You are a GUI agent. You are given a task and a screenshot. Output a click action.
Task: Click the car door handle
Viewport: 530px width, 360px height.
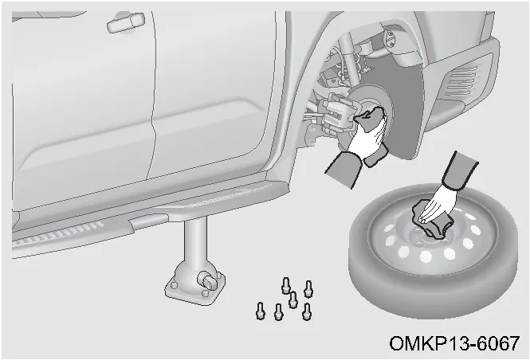tap(126, 22)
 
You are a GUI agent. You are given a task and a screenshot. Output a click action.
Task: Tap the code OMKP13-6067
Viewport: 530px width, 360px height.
tap(454, 343)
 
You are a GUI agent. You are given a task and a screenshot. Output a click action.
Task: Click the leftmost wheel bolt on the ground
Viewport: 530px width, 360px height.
tap(260, 311)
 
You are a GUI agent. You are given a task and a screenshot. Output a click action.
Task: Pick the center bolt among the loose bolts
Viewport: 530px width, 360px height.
tap(292, 299)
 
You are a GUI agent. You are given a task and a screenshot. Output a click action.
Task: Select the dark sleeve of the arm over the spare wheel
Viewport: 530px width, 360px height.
tap(461, 170)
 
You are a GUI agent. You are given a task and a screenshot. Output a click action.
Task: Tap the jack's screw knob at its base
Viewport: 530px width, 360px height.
tap(207, 280)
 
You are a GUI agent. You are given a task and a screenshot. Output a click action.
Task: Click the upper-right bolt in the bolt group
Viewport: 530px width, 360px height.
tap(308, 289)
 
